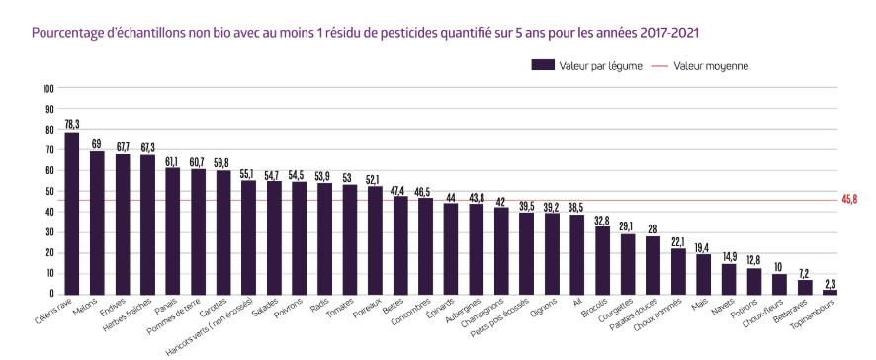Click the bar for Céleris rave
[72, 213]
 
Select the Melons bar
[97, 224]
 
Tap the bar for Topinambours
[830, 292]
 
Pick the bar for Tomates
[350, 239]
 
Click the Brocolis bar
[602, 260]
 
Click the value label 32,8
[603, 220]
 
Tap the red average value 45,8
[850, 200]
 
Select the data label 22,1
[678, 242]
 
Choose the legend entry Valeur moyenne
[700, 66]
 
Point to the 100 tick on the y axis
[48, 88]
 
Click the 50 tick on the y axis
[48, 191]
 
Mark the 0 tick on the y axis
[51, 294]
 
